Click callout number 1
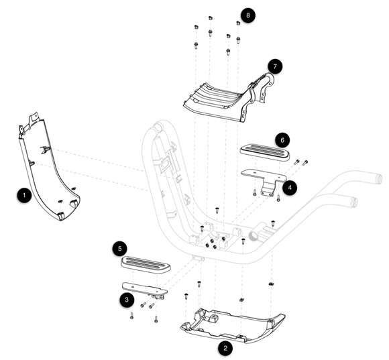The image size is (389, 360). click(24, 195)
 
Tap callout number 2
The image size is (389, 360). click(225, 349)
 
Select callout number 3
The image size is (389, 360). click(127, 300)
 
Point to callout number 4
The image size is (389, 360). click(290, 188)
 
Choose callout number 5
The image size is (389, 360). click(120, 249)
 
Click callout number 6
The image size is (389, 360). click(282, 140)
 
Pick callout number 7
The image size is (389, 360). click(275, 66)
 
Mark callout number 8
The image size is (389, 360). click(248, 15)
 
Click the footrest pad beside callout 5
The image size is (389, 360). click(146, 265)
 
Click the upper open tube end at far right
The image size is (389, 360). click(379, 179)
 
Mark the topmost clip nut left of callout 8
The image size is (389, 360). click(211, 18)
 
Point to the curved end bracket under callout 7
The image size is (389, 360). click(267, 86)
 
